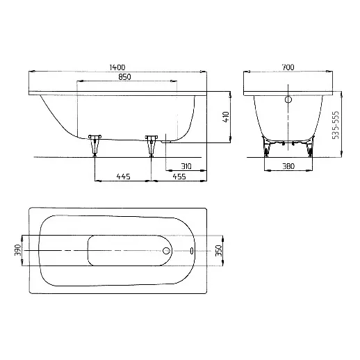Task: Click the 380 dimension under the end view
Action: tap(289, 166)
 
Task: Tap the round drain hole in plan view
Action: tap(167, 250)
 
